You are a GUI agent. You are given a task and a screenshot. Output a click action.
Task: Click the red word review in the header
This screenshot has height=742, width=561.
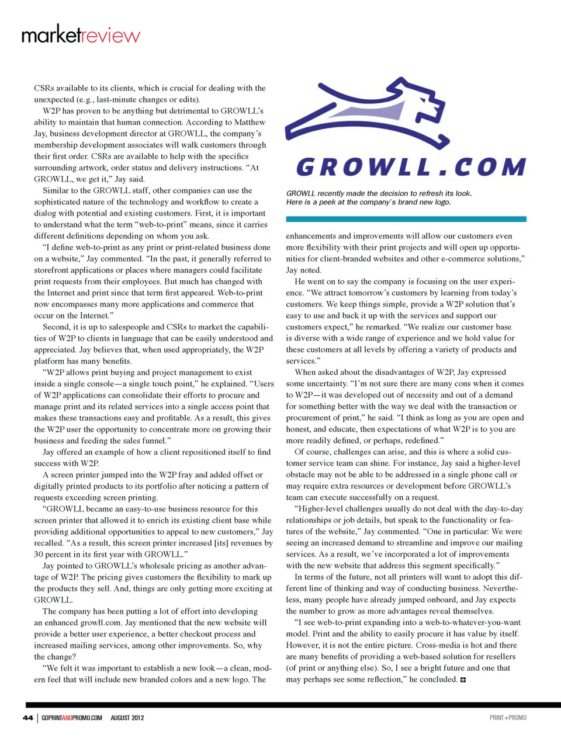(110, 36)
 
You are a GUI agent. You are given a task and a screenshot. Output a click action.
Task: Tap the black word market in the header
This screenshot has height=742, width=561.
(51, 36)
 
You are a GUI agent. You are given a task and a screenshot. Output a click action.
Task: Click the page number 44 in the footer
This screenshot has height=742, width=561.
(28, 717)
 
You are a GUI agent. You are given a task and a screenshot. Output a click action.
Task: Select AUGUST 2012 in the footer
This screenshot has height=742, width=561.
(127, 717)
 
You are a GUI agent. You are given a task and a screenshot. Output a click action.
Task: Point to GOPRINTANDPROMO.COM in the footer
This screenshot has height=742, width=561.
(72, 717)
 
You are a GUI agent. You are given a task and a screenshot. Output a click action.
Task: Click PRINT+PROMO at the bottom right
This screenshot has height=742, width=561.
(508, 717)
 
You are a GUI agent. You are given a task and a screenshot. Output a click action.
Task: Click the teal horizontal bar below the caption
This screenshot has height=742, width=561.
(406, 219)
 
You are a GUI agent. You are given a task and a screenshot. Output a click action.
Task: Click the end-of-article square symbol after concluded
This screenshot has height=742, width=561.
(463, 680)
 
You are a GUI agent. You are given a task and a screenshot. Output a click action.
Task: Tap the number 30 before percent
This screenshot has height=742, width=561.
(39, 554)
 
